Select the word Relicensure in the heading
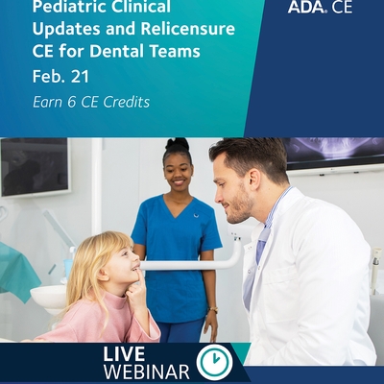(x=188, y=29)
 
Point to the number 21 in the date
(x=80, y=77)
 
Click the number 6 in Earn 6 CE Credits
(x=72, y=102)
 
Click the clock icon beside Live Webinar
(x=214, y=362)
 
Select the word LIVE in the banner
(x=124, y=354)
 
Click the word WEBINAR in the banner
(x=147, y=372)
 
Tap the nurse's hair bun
(x=178, y=144)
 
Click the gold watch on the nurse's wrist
(x=213, y=310)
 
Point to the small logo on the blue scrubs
(x=196, y=215)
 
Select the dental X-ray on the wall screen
(x=333, y=151)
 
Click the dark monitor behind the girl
(x=35, y=166)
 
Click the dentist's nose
(x=219, y=196)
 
